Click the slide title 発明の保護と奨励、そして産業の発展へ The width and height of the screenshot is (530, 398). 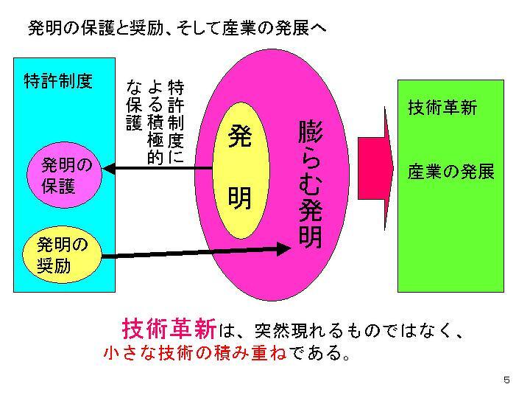[x=176, y=29]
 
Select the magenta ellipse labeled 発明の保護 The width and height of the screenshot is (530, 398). [x=67, y=175]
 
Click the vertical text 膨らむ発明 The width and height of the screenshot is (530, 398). [x=310, y=185]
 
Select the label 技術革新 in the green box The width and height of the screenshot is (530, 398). [x=442, y=108]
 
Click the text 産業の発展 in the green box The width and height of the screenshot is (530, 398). [x=451, y=172]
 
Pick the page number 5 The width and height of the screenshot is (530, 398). [x=506, y=380]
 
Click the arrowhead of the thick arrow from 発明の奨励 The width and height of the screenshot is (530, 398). [x=283, y=248]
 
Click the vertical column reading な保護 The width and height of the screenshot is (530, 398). [x=134, y=104]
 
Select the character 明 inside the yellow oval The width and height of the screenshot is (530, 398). [x=240, y=198]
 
